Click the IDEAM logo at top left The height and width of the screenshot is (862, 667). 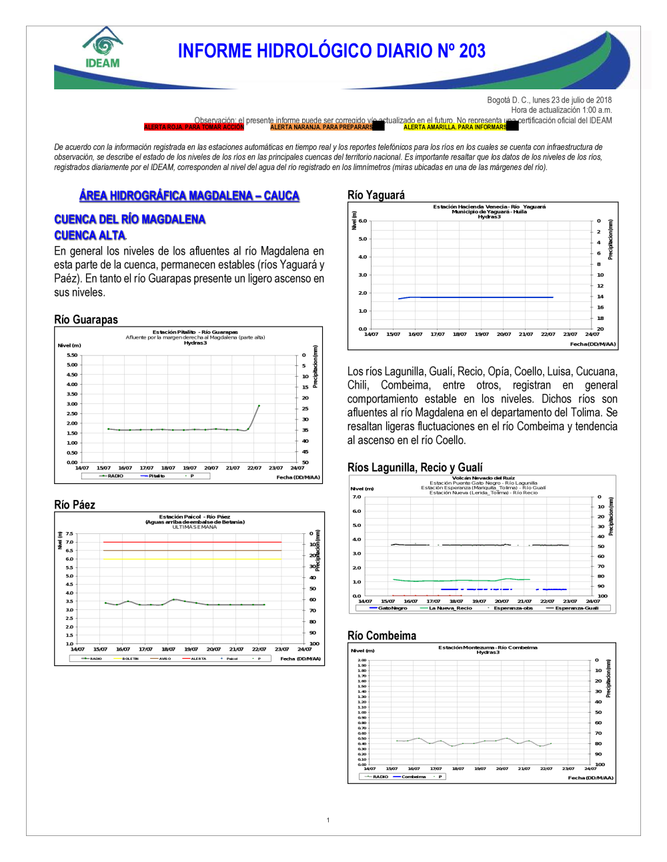point(103,48)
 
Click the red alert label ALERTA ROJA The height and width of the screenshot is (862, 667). point(194,127)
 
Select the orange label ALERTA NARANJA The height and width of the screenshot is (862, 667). point(321,127)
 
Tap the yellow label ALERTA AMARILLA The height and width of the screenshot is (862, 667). point(455,127)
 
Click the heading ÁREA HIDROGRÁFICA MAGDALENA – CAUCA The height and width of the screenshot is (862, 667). point(189,195)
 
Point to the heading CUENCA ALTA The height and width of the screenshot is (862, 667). point(90,235)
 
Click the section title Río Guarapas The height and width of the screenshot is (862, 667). point(86,319)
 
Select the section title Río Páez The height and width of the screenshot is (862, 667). point(75,505)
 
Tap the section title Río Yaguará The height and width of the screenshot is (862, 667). point(376,195)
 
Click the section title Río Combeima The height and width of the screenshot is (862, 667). point(382,635)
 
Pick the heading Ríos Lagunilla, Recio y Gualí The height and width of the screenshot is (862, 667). point(415,467)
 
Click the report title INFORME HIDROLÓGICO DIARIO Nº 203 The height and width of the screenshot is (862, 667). point(331,51)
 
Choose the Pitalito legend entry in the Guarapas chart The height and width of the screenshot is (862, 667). point(153,476)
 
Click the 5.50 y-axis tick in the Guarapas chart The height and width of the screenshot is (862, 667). point(72,355)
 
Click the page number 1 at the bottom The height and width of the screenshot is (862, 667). point(328,820)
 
